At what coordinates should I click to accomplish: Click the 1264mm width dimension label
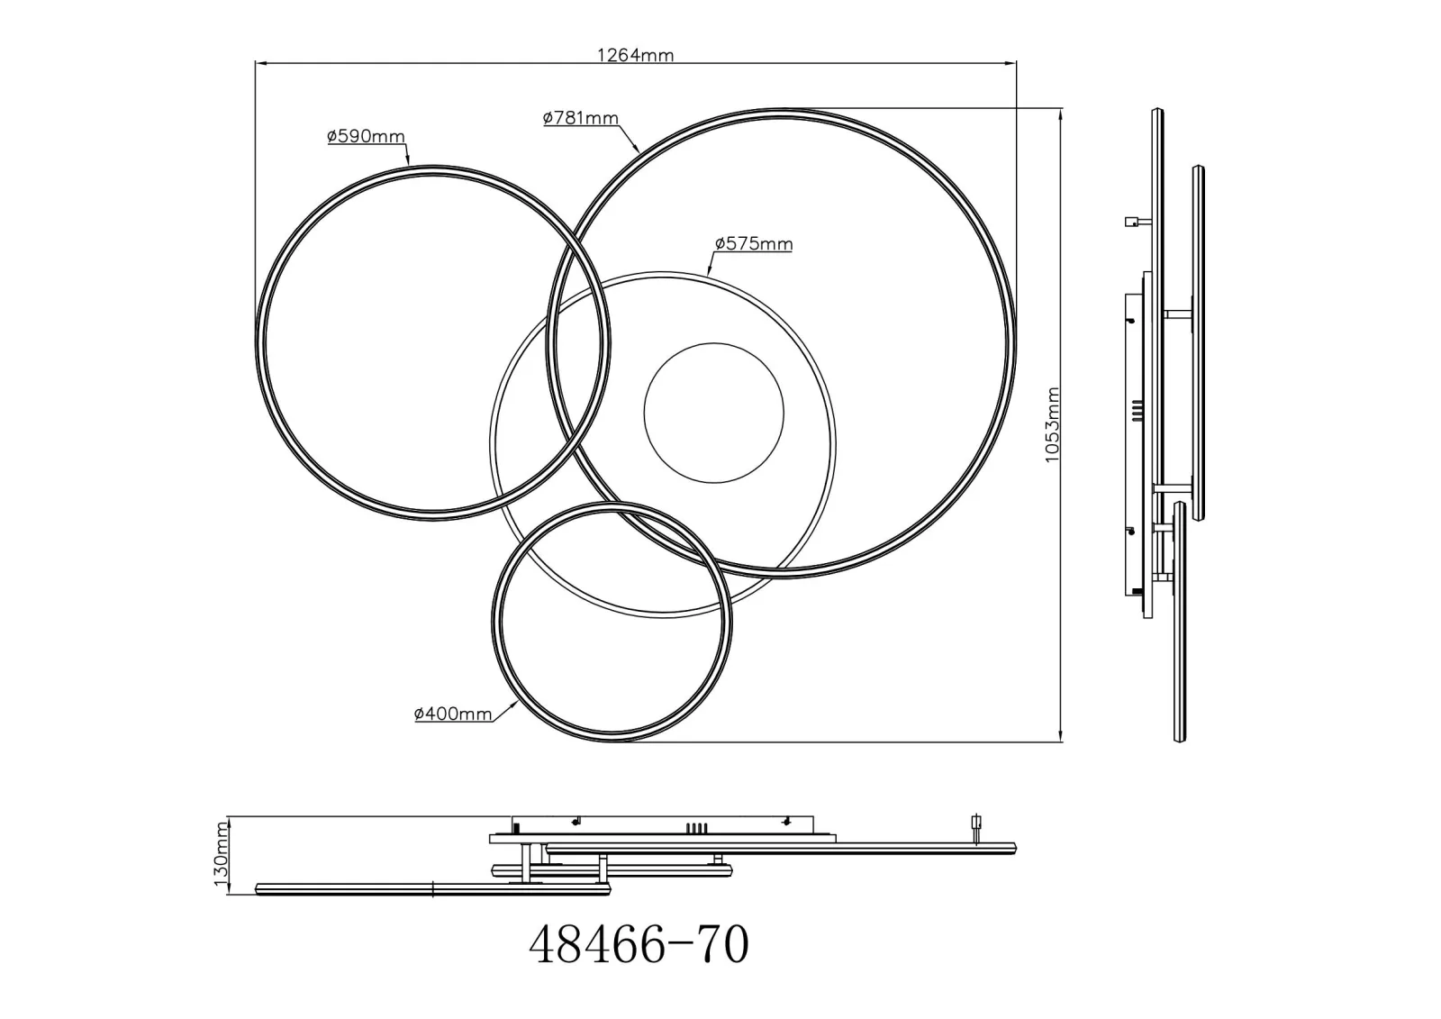tap(636, 55)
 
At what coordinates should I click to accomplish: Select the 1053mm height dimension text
tap(1052, 424)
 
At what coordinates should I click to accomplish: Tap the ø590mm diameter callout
tap(366, 136)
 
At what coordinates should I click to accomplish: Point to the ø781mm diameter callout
tap(581, 118)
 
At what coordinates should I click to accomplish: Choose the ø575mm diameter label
tap(754, 244)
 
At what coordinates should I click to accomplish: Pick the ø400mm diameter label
tap(454, 714)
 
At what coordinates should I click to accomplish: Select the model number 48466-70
tap(639, 944)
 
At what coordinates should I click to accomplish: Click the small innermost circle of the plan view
tap(644, 413)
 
